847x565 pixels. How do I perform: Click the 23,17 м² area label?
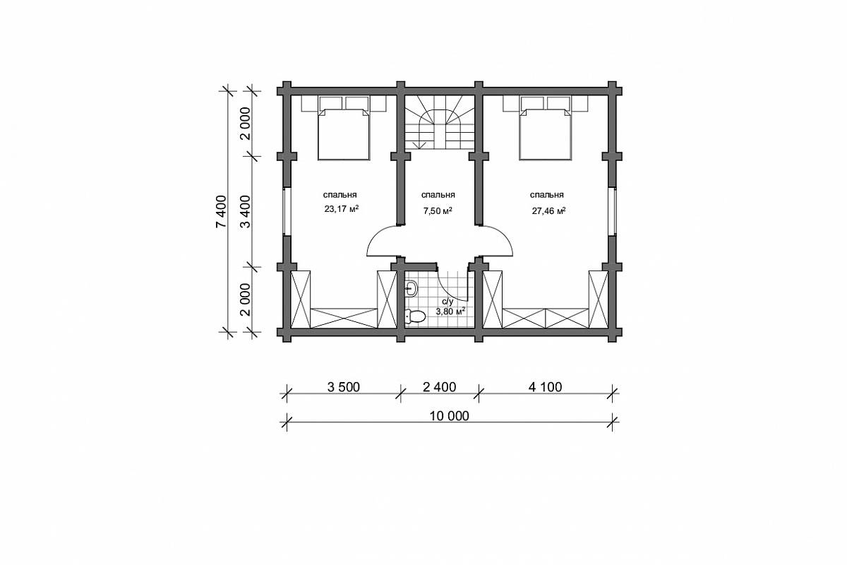coord(341,208)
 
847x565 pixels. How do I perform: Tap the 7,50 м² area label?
coord(438,210)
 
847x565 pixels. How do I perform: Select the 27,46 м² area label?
coord(548,210)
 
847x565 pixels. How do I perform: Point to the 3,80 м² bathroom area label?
coord(450,311)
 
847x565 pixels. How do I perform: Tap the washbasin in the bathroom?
coord(411,289)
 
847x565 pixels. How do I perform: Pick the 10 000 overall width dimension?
coord(449,416)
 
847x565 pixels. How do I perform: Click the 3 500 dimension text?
coord(343,387)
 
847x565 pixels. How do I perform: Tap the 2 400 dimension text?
coord(439,387)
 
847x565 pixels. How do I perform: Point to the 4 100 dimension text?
coord(545,387)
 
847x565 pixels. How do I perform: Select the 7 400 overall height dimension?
coord(221,212)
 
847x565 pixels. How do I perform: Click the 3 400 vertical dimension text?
coord(246,212)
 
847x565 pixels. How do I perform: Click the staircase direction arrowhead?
coord(420,145)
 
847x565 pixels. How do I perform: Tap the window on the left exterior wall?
coord(287,212)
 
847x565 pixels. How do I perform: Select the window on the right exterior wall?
coord(612,212)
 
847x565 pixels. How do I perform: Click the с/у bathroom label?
coord(447,302)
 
